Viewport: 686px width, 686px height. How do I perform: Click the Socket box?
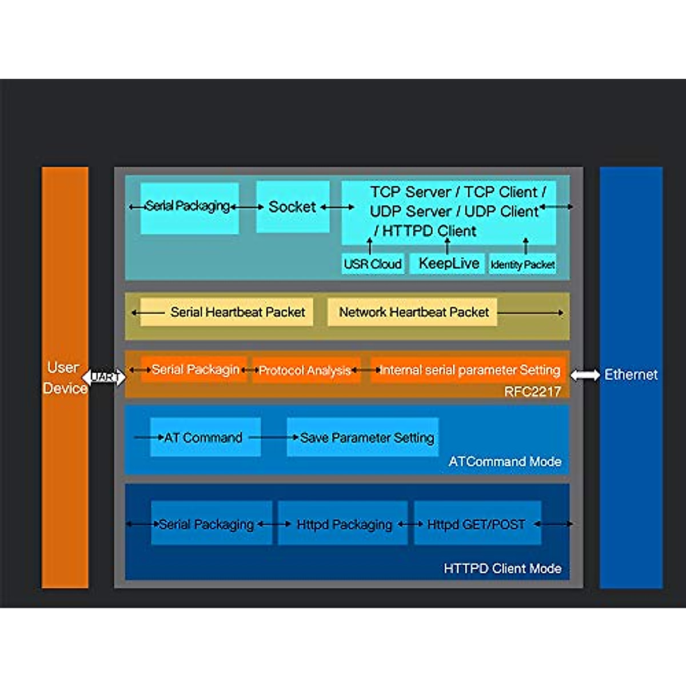point(293,207)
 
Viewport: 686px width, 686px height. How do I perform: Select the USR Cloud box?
point(373,264)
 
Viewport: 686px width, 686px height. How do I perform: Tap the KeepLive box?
point(447,264)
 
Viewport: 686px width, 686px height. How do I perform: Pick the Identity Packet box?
point(523,264)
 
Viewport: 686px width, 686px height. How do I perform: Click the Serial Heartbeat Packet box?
point(226,312)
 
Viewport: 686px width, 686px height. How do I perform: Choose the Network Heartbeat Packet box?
point(412,312)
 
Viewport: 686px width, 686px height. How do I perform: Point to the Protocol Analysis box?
point(306,370)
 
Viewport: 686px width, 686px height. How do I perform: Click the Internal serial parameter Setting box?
point(468,370)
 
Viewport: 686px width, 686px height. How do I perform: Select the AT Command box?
point(205,437)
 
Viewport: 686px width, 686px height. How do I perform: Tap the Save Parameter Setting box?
point(363,437)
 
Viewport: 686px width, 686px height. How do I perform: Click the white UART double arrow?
point(104,377)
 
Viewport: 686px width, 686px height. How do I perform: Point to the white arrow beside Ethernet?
point(585,375)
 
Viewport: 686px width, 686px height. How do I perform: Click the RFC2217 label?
point(533,392)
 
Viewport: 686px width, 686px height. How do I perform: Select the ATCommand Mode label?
point(505,462)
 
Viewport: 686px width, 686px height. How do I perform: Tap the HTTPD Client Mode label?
point(502,568)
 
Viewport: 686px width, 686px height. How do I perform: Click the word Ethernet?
point(631,374)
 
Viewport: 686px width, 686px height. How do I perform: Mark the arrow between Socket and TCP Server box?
point(337,207)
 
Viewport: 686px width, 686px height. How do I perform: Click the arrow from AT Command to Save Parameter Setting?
point(274,437)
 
